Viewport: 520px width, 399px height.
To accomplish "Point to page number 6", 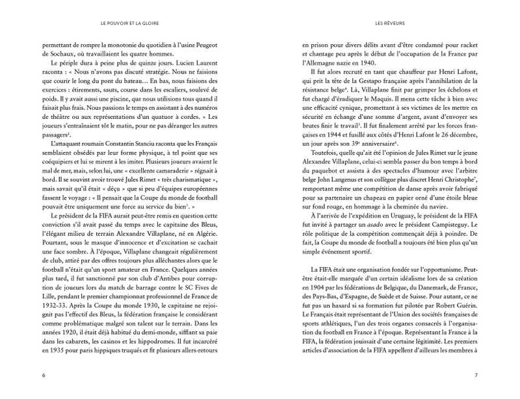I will (43, 375).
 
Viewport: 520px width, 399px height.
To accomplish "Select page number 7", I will (476, 375).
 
